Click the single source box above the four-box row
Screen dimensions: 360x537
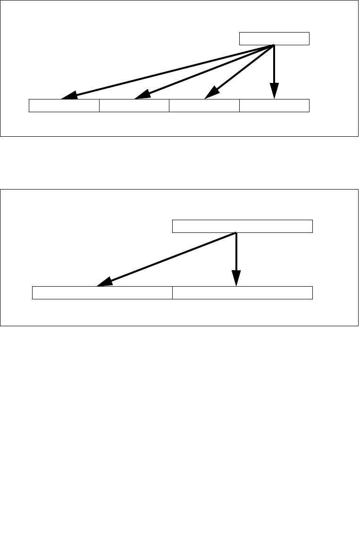coord(274,39)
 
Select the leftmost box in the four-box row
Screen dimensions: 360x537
coord(64,106)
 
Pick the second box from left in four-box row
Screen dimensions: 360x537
coord(134,106)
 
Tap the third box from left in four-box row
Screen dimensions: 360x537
coord(204,106)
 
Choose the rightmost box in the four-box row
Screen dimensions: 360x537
coord(274,106)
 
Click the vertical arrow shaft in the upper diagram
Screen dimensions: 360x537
coord(274,64)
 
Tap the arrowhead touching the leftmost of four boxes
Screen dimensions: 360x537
coord(69,96)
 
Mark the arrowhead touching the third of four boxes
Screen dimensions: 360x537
coord(210,93)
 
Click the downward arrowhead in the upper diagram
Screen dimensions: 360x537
coord(274,91)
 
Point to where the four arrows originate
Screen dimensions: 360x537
coord(274,45)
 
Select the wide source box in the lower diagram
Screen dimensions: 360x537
coord(243,226)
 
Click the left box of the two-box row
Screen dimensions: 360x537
coord(102,292)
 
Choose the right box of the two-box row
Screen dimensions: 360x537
coord(243,292)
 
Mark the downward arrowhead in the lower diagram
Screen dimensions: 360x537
coord(236,278)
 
